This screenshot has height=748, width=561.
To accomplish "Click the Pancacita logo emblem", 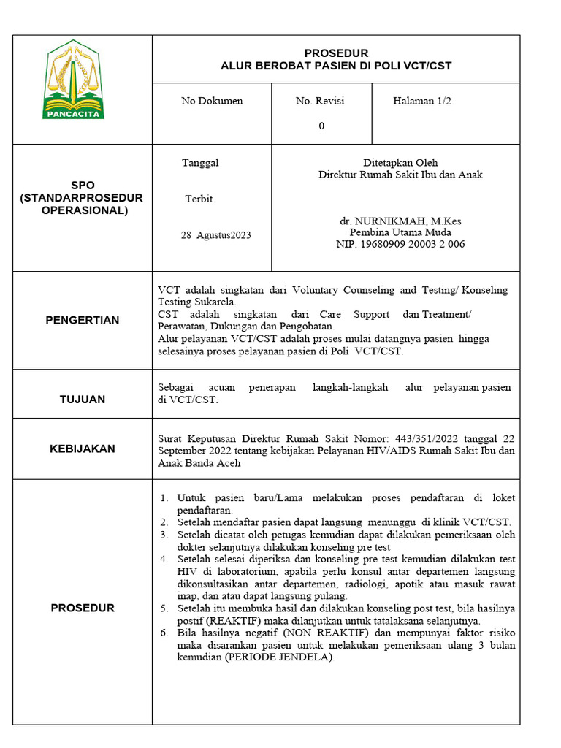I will click(74, 80).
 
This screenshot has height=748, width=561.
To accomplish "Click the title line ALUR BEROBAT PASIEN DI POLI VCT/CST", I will click(336, 66).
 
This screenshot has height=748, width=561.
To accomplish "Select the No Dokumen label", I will click(212, 101).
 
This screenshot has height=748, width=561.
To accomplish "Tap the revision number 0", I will click(321, 126).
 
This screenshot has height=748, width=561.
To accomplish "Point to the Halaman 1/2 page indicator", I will click(421, 101).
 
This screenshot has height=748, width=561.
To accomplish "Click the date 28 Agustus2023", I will click(215, 235).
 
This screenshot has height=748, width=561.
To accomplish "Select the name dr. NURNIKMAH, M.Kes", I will click(400, 221).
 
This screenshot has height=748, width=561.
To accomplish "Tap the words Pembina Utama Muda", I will click(400, 232).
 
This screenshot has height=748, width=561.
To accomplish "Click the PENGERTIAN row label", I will click(83, 320).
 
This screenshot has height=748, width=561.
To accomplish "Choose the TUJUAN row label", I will click(83, 400).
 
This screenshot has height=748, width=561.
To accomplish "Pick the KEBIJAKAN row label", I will click(83, 449).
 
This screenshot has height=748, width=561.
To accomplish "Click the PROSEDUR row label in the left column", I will click(83, 608).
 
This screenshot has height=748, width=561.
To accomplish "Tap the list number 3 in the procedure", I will click(164, 535).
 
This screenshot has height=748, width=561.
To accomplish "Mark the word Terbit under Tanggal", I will click(199, 199).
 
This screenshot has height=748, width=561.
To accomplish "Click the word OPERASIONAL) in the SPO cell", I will click(84, 210).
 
